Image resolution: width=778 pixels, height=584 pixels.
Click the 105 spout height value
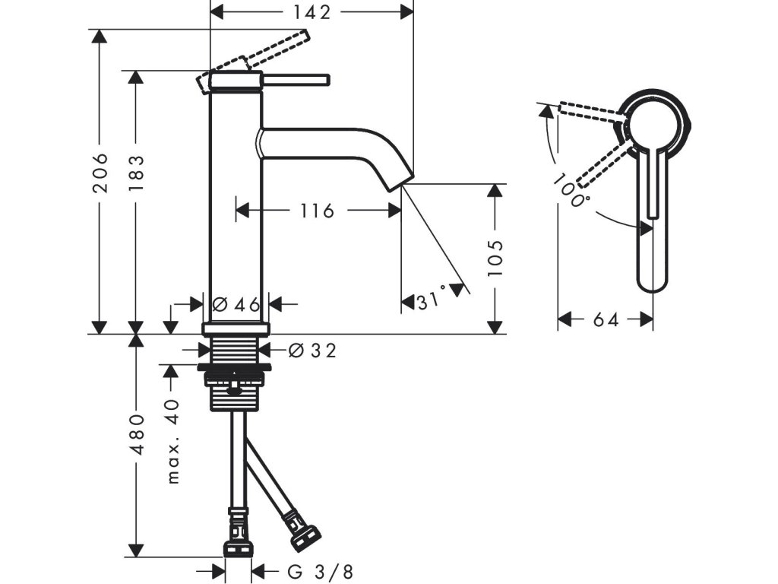click(x=495, y=258)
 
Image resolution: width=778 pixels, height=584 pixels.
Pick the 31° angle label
click(x=430, y=301)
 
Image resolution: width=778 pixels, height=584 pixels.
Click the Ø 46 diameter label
click(x=237, y=304)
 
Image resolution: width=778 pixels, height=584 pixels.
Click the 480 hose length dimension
click(x=138, y=434)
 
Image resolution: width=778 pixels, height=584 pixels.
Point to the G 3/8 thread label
click(x=320, y=570)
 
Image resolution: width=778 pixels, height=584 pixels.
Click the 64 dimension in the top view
click(x=606, y=319)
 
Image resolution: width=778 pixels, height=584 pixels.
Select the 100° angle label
click(x=571, y=191)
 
